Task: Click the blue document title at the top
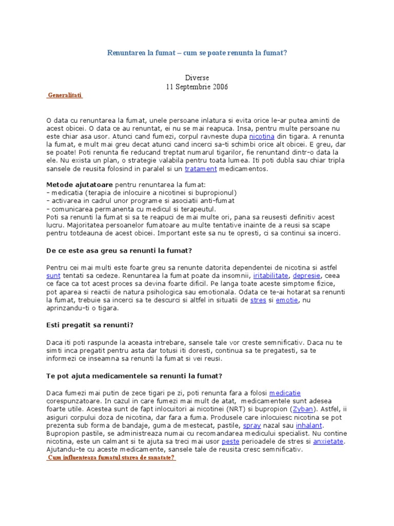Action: coord(196,53)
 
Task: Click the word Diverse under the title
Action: coord(196,78)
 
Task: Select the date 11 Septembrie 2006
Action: coord(196,87)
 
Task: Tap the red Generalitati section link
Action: coord(65,96)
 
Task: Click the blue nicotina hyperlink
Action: coord(262,137)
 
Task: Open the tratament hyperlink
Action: coord(201,168)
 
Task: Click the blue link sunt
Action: coord(53,276)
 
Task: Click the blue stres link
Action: coord(258,300)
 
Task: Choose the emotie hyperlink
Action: coord(287,300)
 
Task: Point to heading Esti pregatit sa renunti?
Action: coord(90,325)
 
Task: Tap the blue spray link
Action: coord(252,425)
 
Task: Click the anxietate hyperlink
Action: coord(328,441)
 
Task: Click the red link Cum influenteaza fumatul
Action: coord(111,458)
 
